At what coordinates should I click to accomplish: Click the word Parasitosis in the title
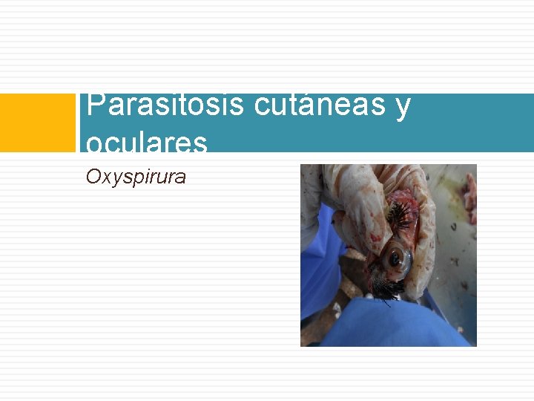click(165, 105)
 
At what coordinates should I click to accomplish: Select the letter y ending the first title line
click(403, 107)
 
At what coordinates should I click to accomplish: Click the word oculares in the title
click(146, 142)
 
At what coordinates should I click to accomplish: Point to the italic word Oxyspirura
click(136, 177)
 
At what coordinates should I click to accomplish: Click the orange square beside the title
click(38, 123)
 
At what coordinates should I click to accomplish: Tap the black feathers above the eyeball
click(400, 215)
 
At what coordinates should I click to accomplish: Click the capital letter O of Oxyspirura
click(93, 177)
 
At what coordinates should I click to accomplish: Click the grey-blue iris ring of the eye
click(405, 260)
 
